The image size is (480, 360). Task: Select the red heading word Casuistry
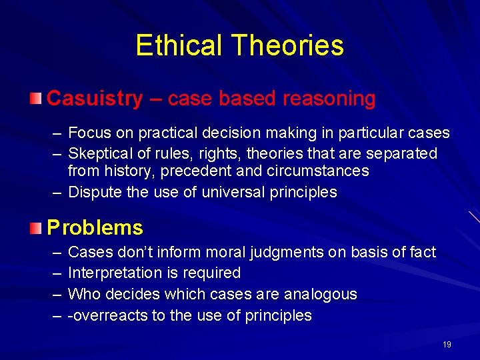pos(95,99)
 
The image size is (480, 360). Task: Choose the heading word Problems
pos(95,228)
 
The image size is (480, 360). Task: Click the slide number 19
pos(447,345)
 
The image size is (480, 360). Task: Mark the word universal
pos(221,193)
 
